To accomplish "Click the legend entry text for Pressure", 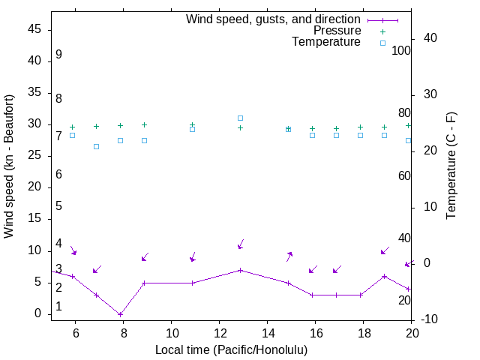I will point(337,31).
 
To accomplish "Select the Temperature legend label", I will point(326,42).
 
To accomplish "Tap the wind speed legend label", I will point(274,19).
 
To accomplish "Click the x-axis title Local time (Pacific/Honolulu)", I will point(231,349).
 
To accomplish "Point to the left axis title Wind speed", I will point(9,166).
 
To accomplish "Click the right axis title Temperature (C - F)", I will point(451,166).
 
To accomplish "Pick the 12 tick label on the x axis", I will point(220,334).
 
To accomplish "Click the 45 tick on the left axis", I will point(33,29).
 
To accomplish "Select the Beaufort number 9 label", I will point(58,55).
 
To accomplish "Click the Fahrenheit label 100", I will point(401,50).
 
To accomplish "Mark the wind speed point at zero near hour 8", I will point(120,314).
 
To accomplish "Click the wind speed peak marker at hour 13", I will point(240,270).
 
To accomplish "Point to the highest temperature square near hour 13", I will point(240,118).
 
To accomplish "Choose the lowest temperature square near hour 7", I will point(96,146).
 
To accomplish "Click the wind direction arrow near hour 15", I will point(289,256).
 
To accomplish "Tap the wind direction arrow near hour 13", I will point(241,244).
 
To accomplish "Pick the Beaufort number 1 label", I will point(58,307).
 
